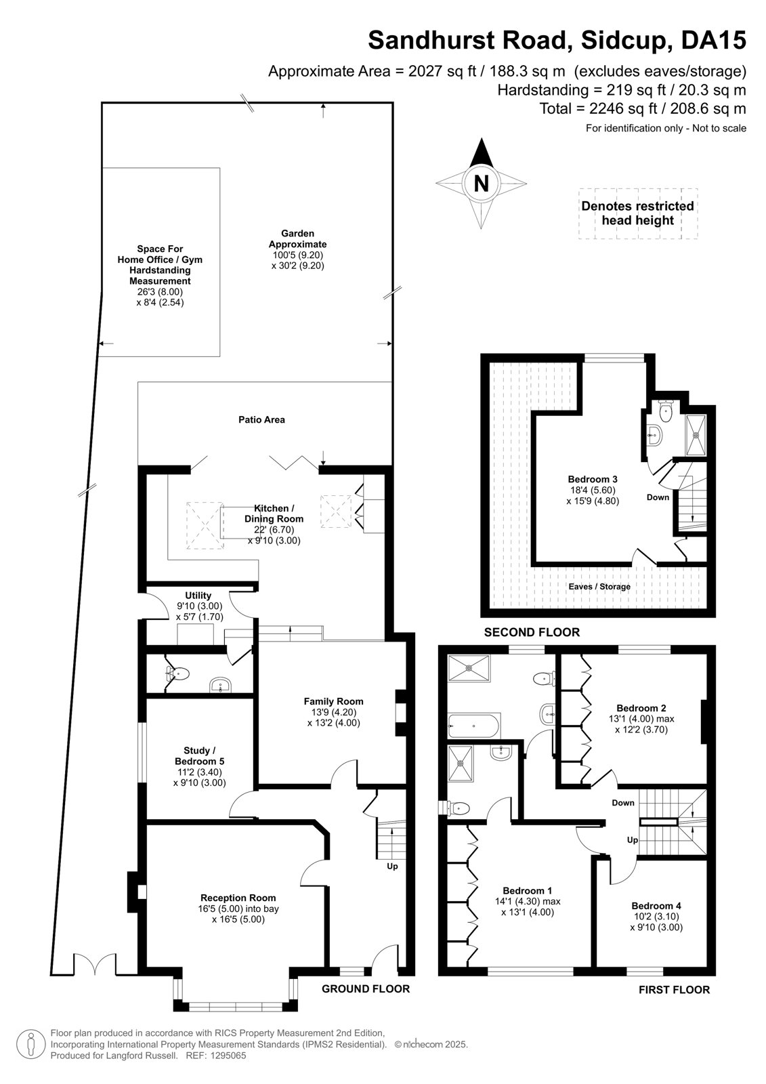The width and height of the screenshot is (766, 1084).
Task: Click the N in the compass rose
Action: pos(481,184)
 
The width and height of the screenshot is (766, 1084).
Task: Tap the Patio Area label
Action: pos(261,419)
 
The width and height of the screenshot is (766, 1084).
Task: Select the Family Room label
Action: pos(333,701)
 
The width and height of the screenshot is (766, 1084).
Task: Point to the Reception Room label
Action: pos(238,898)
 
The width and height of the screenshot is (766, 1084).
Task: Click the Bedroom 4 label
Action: pos(656,906)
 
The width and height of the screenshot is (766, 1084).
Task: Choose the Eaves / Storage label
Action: pos(599,587)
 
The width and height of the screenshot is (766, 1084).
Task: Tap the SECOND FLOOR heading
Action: pos(532,632)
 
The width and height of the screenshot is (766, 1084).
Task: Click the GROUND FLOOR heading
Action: pos(365,988)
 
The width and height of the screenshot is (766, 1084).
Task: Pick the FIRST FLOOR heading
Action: pos(674,990)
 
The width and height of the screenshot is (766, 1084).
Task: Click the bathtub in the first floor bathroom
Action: pos(474,726)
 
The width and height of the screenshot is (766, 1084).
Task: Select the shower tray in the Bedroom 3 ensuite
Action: pos(696,435)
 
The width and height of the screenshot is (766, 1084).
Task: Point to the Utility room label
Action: pos(198,596)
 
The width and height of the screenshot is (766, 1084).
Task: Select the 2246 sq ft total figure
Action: pos(623,108)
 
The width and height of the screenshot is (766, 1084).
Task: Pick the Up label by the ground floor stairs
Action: pos(392,866)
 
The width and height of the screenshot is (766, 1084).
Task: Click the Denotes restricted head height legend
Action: pos(638,213)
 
